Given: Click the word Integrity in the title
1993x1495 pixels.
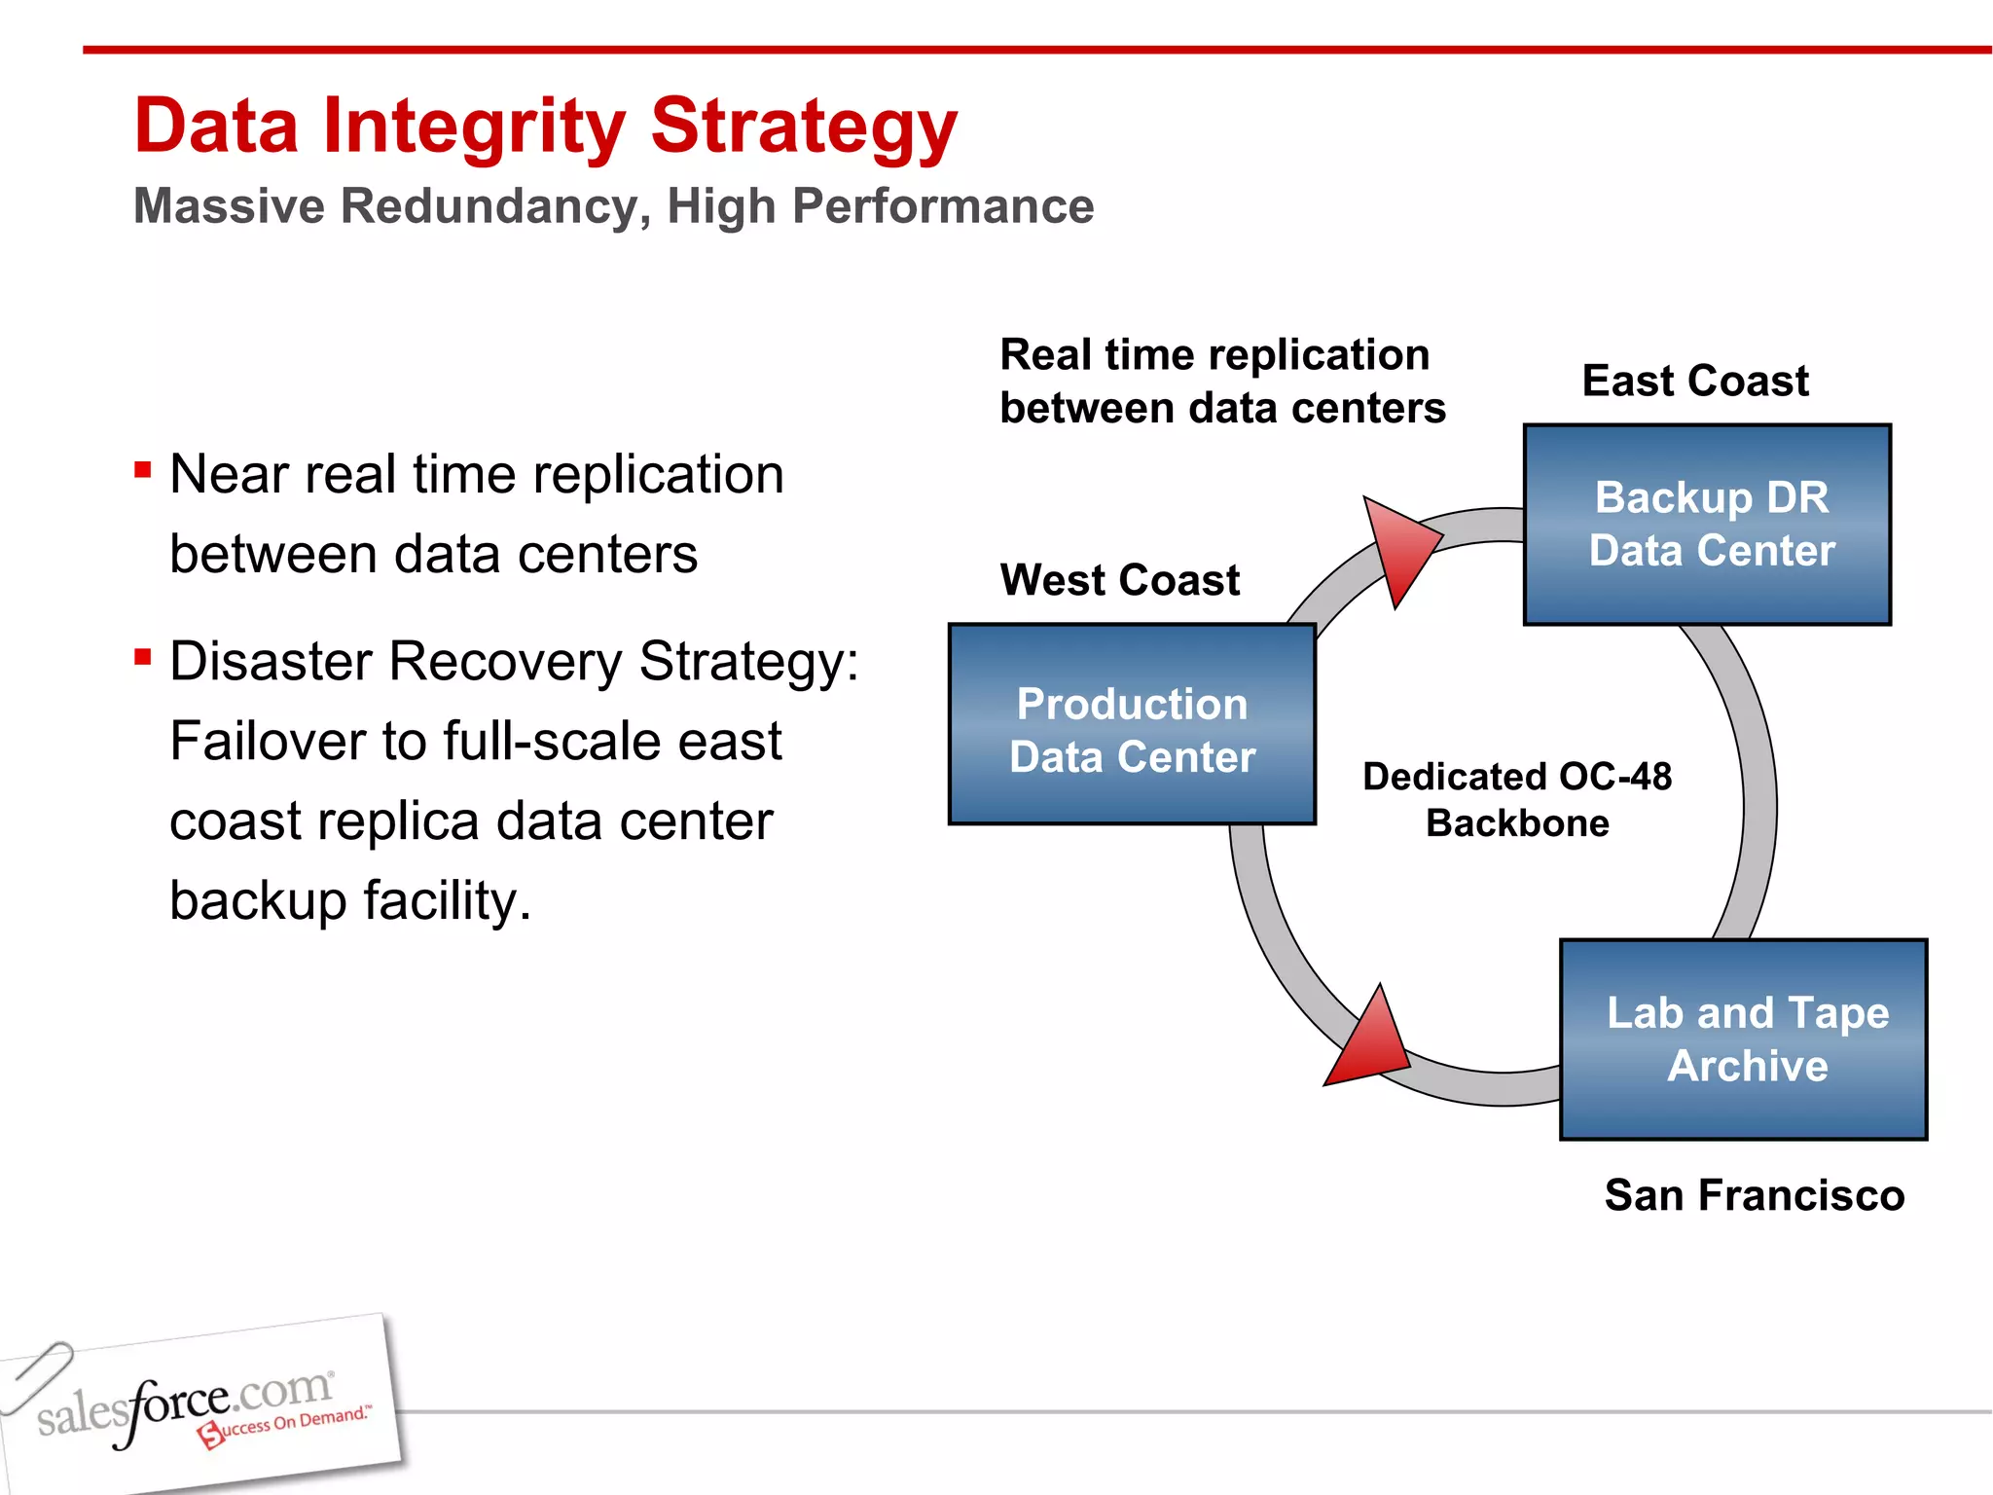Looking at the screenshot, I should click(475, 128).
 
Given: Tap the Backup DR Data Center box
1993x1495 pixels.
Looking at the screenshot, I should click(1707, 525).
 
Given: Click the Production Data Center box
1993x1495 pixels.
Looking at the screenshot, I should click(1132, 725).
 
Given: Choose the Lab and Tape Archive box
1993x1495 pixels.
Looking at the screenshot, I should click(1743, 1039).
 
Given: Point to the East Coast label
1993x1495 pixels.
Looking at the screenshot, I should click(1694, 381).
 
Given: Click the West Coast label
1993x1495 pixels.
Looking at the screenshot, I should click(1119, 580).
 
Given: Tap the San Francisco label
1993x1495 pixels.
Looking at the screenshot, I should click(1754, 1195).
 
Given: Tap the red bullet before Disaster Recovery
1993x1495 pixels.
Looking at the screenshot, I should click(143, 658).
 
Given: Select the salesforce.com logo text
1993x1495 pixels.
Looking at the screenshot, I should click(185, 1404).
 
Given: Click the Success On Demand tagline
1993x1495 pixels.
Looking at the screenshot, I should click(288, 1424).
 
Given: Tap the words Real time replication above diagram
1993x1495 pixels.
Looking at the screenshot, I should click(1214, 355).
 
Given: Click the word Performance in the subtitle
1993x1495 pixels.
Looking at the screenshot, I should click(943, 206).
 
